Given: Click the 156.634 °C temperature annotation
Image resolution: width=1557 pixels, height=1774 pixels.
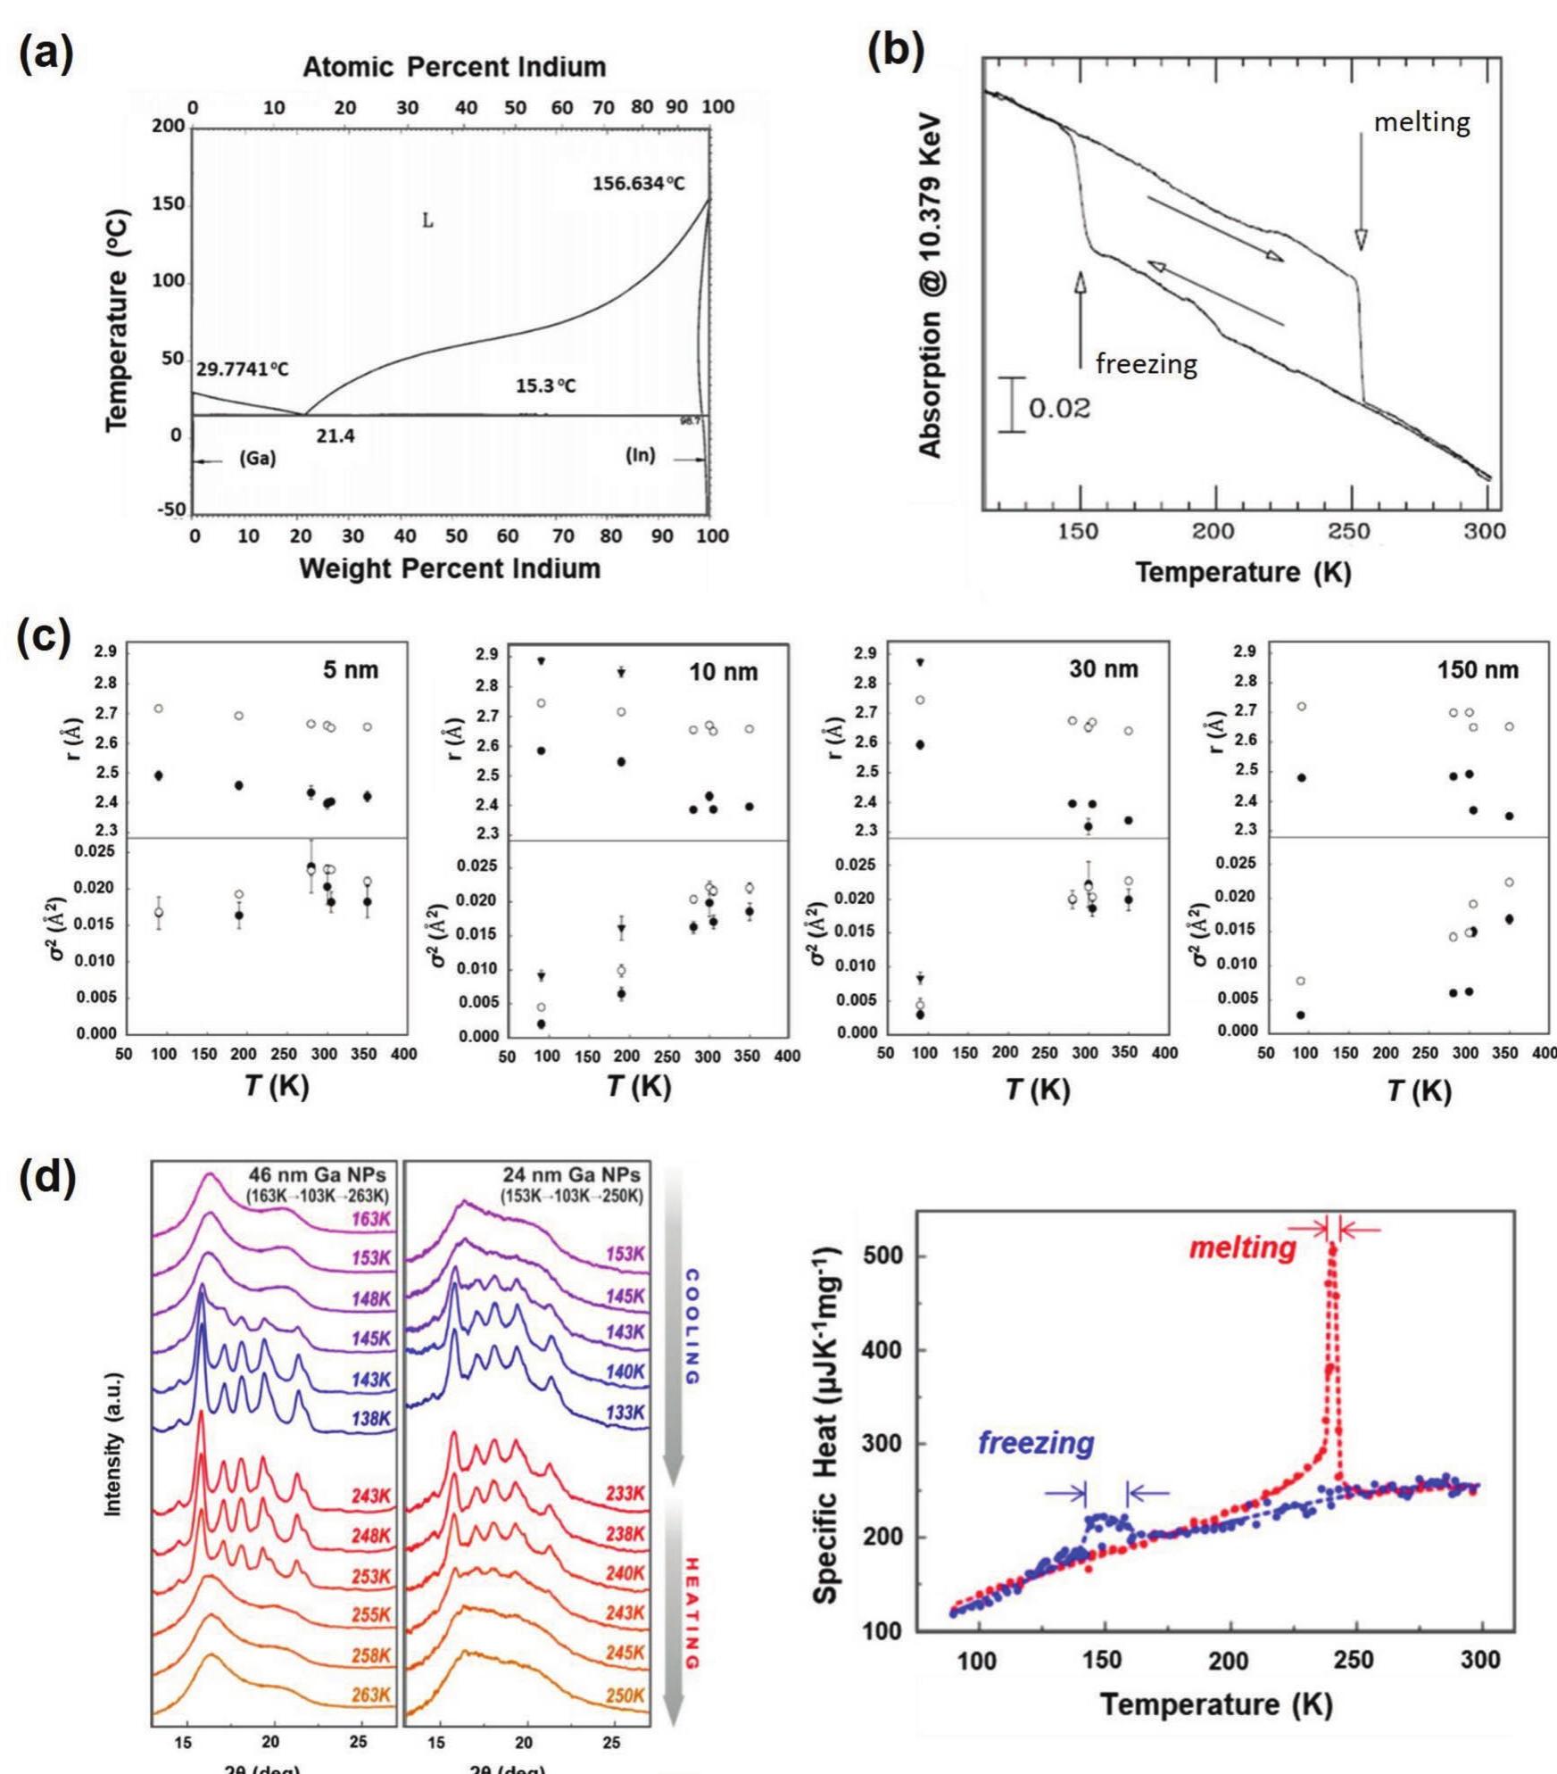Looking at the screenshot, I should pos(639,184).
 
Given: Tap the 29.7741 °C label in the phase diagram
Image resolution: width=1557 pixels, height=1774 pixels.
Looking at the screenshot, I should pos(243,369).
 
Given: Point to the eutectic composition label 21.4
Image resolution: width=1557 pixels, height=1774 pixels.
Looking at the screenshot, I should pos(335,436).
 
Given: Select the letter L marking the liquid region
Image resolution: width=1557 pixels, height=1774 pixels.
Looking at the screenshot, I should pos(427,220).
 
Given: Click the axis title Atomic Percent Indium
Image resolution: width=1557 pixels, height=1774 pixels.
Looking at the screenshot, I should pos(454,67).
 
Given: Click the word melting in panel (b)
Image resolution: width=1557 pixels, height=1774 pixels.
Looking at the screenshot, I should pos(1421,122).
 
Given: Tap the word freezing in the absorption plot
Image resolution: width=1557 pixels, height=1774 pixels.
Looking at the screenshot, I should pos(1146,364).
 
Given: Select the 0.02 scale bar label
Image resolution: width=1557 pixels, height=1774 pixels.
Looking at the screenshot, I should pos(1059,409).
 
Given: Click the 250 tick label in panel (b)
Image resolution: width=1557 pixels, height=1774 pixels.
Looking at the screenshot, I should pos(1350,532).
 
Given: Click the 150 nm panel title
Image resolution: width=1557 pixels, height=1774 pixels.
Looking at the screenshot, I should pos(1478,670).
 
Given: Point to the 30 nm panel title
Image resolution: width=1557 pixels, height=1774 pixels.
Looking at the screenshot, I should pos(1104,669).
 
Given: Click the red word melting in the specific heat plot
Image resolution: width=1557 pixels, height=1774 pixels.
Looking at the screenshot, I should pos(1242,1248).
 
